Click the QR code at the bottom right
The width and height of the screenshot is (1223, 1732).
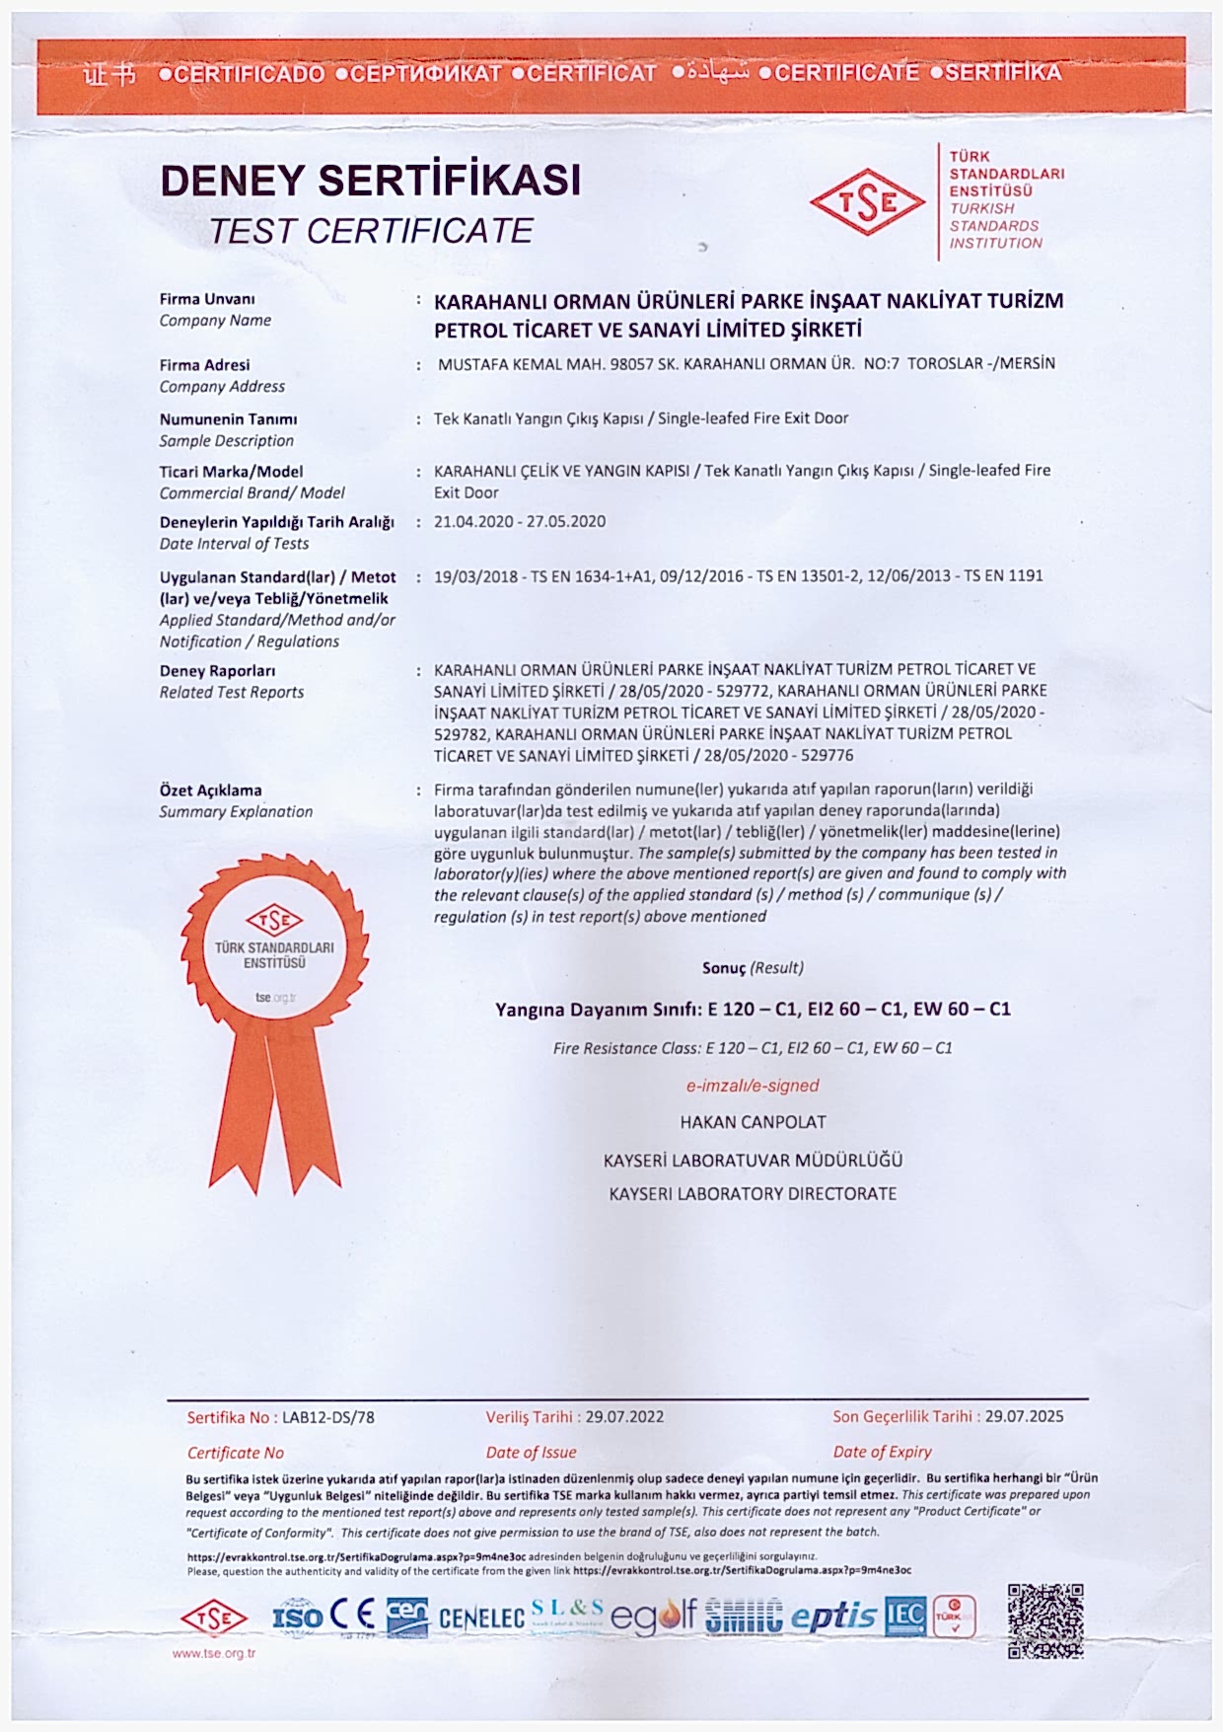coord(1045,1620)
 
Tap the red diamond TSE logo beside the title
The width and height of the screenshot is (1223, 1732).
coord(867,202)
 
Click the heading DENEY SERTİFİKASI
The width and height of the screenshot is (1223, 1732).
coord(370,180)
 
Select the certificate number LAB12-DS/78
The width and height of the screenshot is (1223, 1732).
coord(328,1417)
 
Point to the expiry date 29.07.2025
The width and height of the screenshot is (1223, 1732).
coord(1024,1416)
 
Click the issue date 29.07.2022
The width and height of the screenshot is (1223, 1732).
coord(624,1417)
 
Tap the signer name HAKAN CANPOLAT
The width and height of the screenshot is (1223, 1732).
coord(753,1122)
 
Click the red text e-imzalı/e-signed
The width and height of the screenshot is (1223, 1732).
coord(753,1086)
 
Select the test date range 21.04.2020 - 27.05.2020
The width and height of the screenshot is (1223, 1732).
coord(520,521)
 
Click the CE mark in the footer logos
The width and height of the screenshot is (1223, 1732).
coord(352,1616)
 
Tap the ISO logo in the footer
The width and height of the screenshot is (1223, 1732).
coord(297,1617)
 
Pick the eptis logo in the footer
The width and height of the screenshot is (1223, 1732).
coord(833,1617)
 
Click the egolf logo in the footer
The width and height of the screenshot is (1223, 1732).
coord(653,1617)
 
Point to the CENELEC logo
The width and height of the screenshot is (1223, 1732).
coord(481,1619)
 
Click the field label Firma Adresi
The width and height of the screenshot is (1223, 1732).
coord(204,365)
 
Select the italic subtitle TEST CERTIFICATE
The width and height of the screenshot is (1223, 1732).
coord(370,231)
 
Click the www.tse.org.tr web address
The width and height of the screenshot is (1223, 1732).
coord(213,1653)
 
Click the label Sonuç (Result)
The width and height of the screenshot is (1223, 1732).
coord(753,968)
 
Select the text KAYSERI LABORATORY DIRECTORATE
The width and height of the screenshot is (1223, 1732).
coord(753,1194)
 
